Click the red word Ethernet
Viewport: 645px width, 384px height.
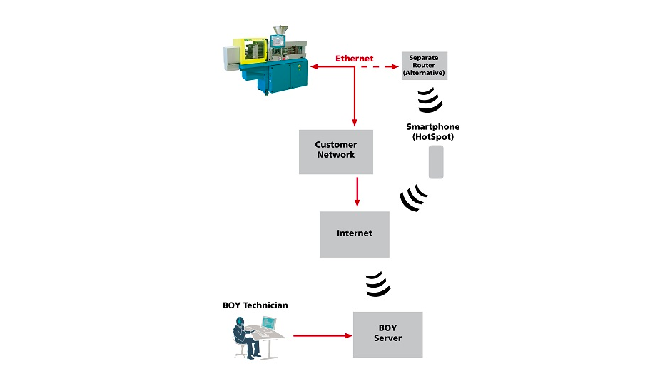355,57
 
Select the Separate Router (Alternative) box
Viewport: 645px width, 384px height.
423,65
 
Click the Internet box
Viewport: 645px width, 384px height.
355,233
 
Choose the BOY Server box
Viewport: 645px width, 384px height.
387,334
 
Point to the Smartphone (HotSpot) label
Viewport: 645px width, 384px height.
433,131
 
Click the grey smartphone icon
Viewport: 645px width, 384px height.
436,162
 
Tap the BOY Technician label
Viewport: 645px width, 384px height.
255,305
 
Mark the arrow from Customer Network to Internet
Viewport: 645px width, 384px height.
356,191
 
